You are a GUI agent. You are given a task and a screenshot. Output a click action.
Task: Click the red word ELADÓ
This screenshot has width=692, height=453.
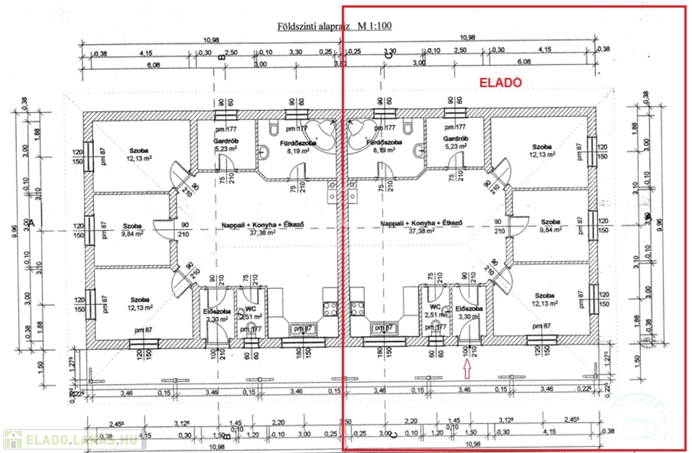[501, 82]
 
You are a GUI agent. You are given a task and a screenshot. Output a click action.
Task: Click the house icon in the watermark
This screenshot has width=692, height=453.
[12, 439]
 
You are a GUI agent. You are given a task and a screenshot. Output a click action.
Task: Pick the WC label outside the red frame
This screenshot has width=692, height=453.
[249, 308]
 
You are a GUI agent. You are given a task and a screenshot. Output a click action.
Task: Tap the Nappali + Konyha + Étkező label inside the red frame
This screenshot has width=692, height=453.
[420, 223]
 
